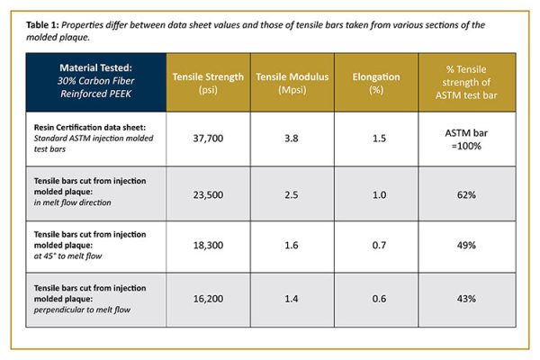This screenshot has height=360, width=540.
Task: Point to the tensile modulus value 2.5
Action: (x=292, y=193)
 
